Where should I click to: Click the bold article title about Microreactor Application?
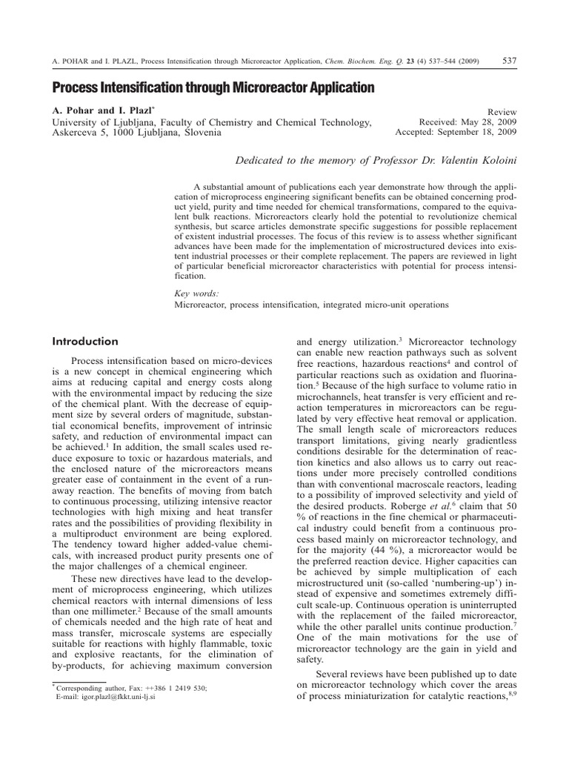(213, 88)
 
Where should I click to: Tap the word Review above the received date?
(502, 110)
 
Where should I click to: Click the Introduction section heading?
(85, 342)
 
